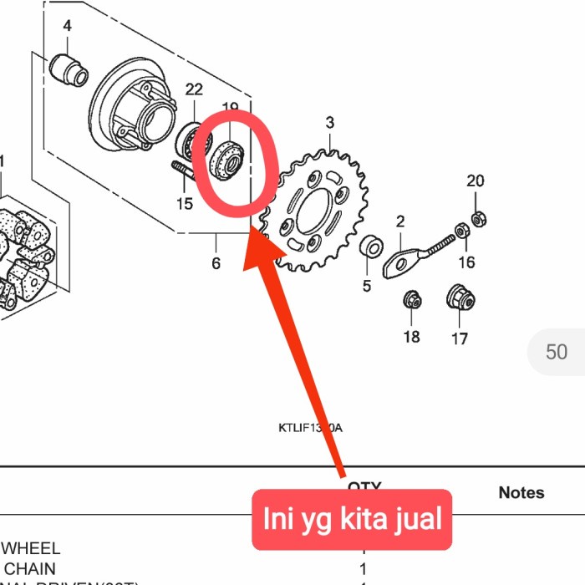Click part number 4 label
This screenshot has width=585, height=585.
coord(67,27)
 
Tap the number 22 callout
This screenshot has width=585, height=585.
coord(194,89)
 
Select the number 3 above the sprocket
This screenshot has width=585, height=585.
coord(330,123)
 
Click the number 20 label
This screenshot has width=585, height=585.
coord(476,181)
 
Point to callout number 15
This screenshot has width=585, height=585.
coord(185,203)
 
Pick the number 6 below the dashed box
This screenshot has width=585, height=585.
coord(216,263)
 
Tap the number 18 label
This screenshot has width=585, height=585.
coord(411,337)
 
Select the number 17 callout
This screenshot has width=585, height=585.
coord(460,338)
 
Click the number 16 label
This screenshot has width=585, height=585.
coord(466,262)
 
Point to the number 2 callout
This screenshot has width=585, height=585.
coord(400,221)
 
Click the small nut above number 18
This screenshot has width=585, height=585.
coord(411,298)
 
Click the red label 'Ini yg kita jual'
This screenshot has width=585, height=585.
coord(352,519)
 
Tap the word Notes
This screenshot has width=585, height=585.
coord(521,492)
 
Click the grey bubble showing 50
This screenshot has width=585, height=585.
coord(556,351)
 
